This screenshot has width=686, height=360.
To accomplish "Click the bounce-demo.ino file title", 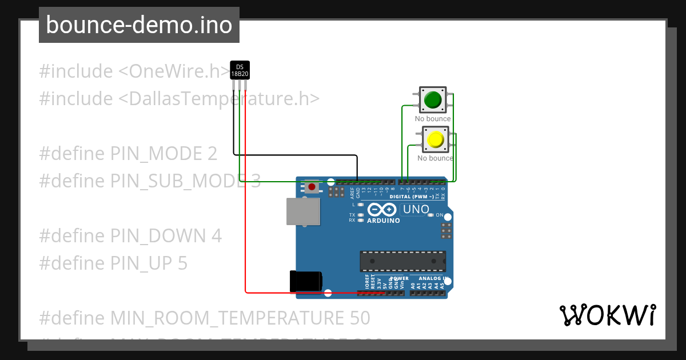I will (x=139, y=25).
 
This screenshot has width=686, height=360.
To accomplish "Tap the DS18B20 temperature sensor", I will (x=240, y=70).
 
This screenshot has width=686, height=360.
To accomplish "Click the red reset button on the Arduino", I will (x=312, y=187).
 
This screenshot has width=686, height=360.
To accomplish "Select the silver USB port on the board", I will (x=303, y=211).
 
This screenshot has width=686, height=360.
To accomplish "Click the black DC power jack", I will (x=306, y=281).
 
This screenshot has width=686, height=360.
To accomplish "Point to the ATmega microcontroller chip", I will (x=402, y=261).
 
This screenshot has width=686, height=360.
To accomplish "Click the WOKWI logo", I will (x=607, y=315).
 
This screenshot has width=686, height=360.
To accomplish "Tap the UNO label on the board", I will (x=416, y=209).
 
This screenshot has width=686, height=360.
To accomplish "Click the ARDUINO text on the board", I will (x=383, y=221).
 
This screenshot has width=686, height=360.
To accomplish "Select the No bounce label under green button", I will (x=433, y=119).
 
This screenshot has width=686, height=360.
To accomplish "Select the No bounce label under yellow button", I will (x=435, y=158).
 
